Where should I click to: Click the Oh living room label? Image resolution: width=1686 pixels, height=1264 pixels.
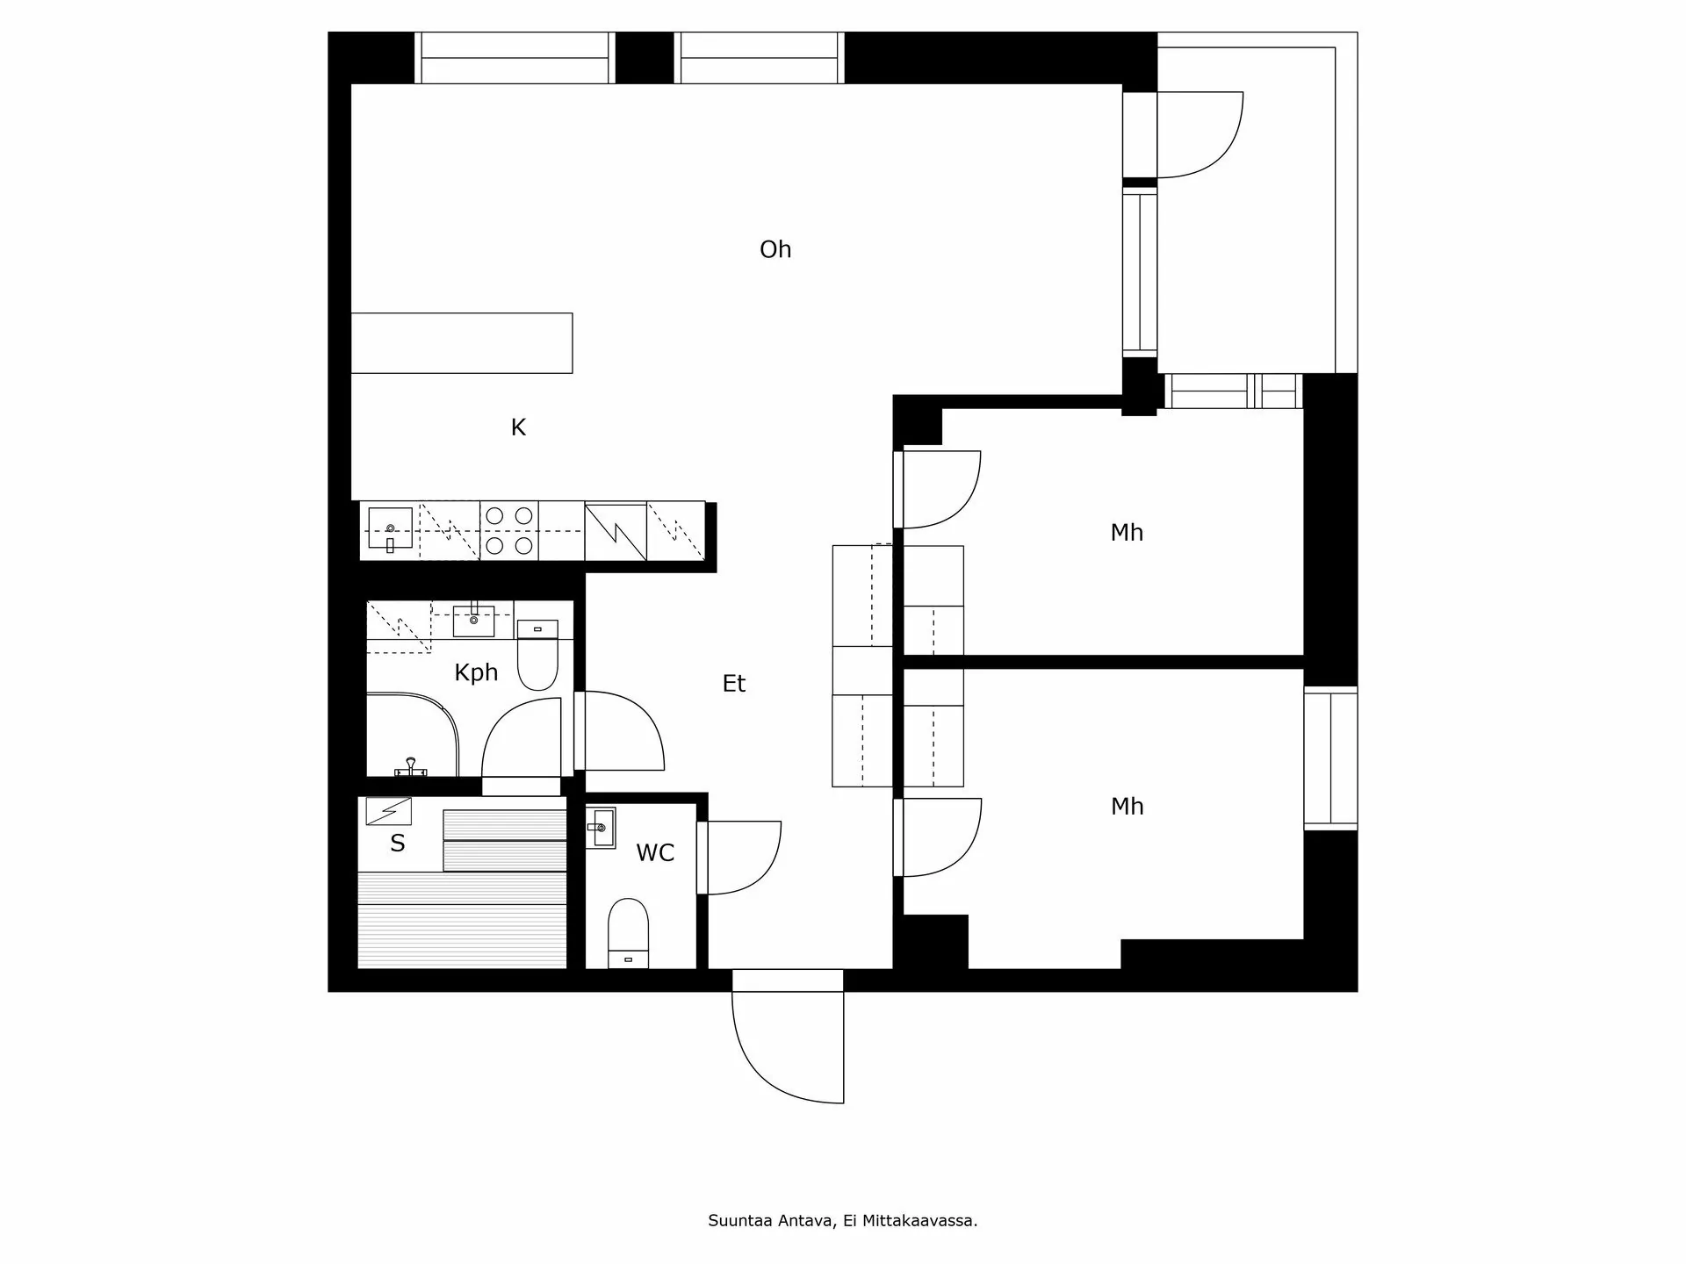(775, 250)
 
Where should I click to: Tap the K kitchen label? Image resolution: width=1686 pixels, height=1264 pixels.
(518, 427)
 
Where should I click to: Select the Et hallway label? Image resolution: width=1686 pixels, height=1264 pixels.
(734, 684)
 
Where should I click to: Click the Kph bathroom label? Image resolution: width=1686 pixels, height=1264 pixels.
(476, 672)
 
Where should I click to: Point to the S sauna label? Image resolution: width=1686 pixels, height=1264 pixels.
(398, 844)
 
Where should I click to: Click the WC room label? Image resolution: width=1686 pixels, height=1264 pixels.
(655, 853)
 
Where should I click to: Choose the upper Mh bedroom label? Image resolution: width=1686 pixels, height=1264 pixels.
(1127, 533)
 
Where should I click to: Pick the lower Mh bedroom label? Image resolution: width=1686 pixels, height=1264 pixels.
(1127, 807)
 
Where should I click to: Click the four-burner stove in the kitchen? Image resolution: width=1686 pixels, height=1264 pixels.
(509, 531)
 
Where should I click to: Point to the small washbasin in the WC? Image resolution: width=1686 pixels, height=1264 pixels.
(601, 828)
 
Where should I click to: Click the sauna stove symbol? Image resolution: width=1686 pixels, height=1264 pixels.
(388, 810)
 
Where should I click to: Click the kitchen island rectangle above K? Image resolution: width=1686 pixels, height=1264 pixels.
(462, 343)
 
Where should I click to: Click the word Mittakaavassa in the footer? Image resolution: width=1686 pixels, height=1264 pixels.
(920, 1221)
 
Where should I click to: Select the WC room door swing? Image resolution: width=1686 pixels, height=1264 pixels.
(742, 858)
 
